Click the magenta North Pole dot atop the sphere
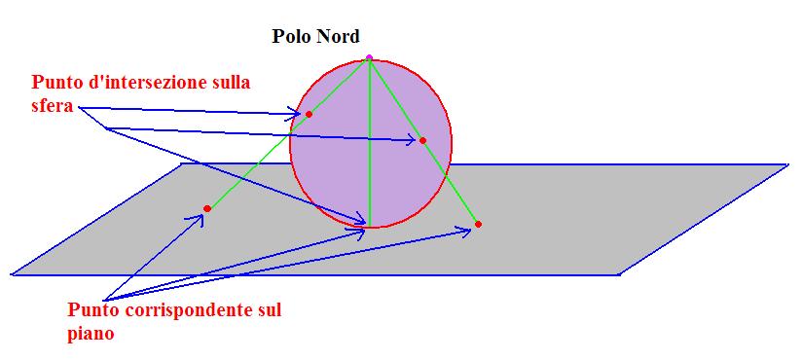[x=369, y=57]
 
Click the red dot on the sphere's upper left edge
[x=309, y=115]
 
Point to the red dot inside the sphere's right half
[x=422, y=141]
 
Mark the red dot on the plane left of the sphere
[x=207, y=209]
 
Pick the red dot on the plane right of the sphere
[x=478, y=225]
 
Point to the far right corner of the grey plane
[x=786, y=164]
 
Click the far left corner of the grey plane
[x=13, y=274]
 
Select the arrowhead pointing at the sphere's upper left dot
[x=298, y=115]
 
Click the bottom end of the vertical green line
[x=370, y=222]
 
